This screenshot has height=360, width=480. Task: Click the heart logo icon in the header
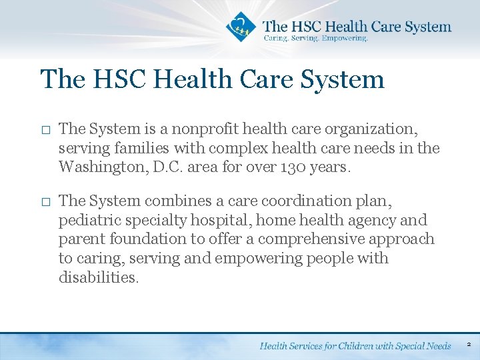(241, 27)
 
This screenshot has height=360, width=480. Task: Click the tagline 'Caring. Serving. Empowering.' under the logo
(315, 39)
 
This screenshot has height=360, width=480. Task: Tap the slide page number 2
(469, 345)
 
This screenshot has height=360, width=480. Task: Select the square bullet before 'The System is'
(45, 129)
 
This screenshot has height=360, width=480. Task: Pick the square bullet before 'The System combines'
(45, 201)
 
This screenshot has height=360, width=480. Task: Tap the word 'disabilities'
(98, 277)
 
